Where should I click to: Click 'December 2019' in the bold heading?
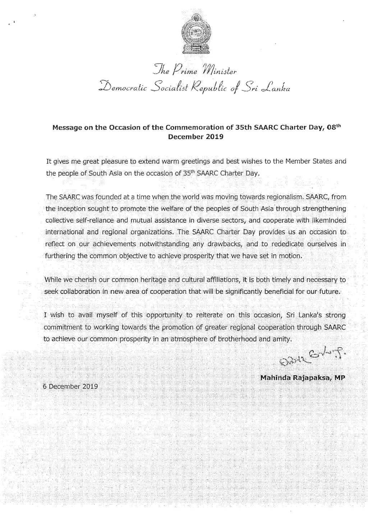[x=196, y=136]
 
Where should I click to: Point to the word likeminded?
[x=325, y=220]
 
